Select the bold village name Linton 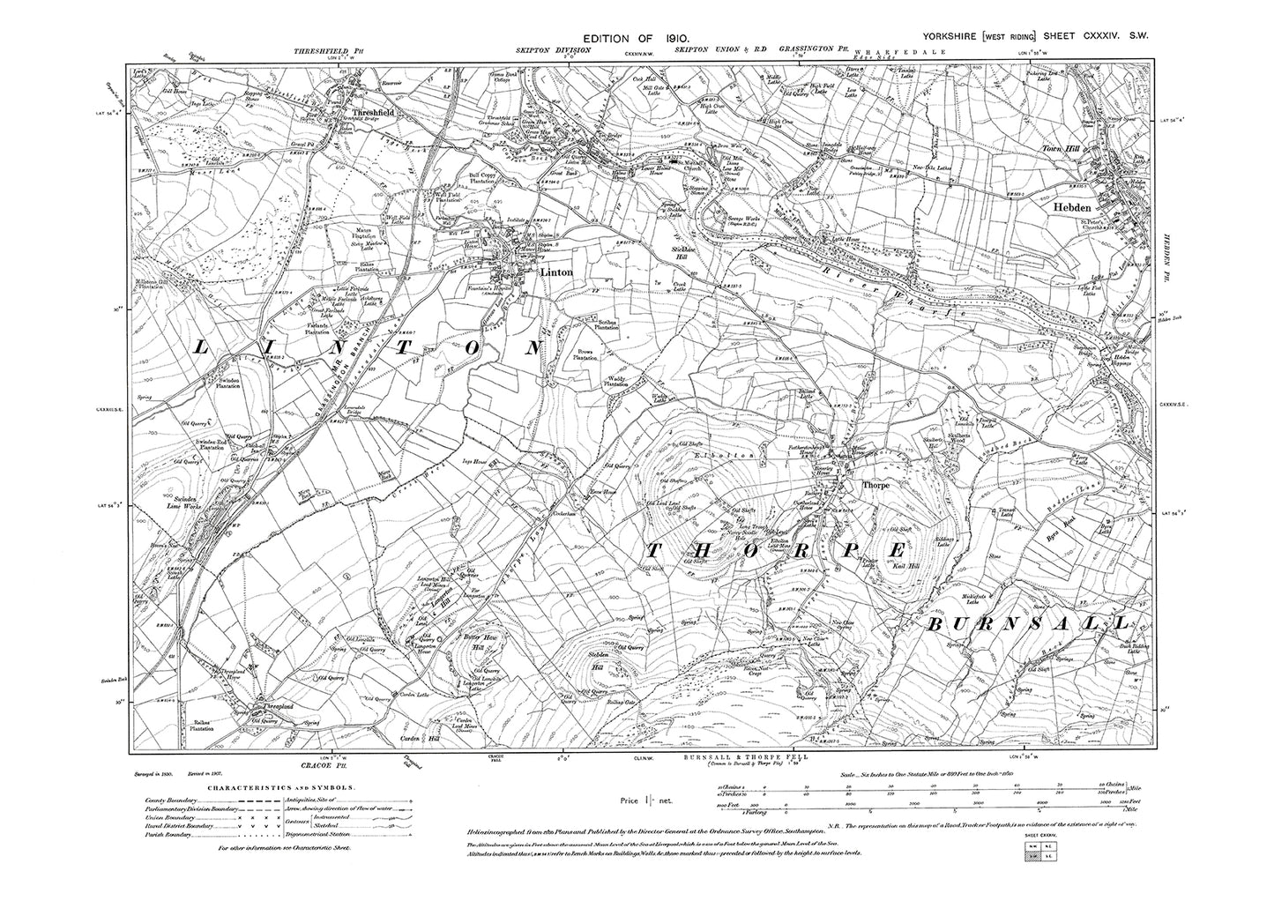pos(556,272)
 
